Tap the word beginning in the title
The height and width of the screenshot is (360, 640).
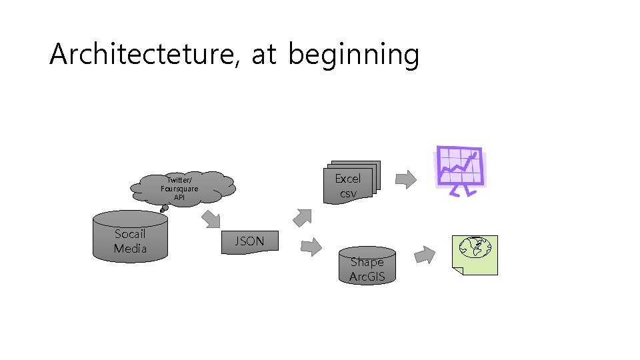coord(353,56)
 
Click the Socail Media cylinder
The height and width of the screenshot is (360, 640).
coord(130,237)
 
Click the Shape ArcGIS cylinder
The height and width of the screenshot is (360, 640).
coord(367,265)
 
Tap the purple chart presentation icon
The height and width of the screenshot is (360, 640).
coord(459,169)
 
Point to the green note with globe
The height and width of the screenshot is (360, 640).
coord(475,255)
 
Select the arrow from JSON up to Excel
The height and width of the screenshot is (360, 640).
coord(302,217)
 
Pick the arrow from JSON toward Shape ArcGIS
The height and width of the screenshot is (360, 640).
coord(311,247)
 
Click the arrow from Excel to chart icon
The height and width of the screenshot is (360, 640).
coord(405,178)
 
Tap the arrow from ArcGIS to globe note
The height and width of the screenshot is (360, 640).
coord(425,255)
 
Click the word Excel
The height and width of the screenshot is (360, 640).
coord(348,179)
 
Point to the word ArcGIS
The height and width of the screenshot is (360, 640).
coord(367,277)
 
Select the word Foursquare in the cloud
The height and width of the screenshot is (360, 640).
coord(179,189)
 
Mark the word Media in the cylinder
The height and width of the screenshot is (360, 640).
coord(130,249)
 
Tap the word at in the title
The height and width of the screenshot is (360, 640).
coord(264,56)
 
